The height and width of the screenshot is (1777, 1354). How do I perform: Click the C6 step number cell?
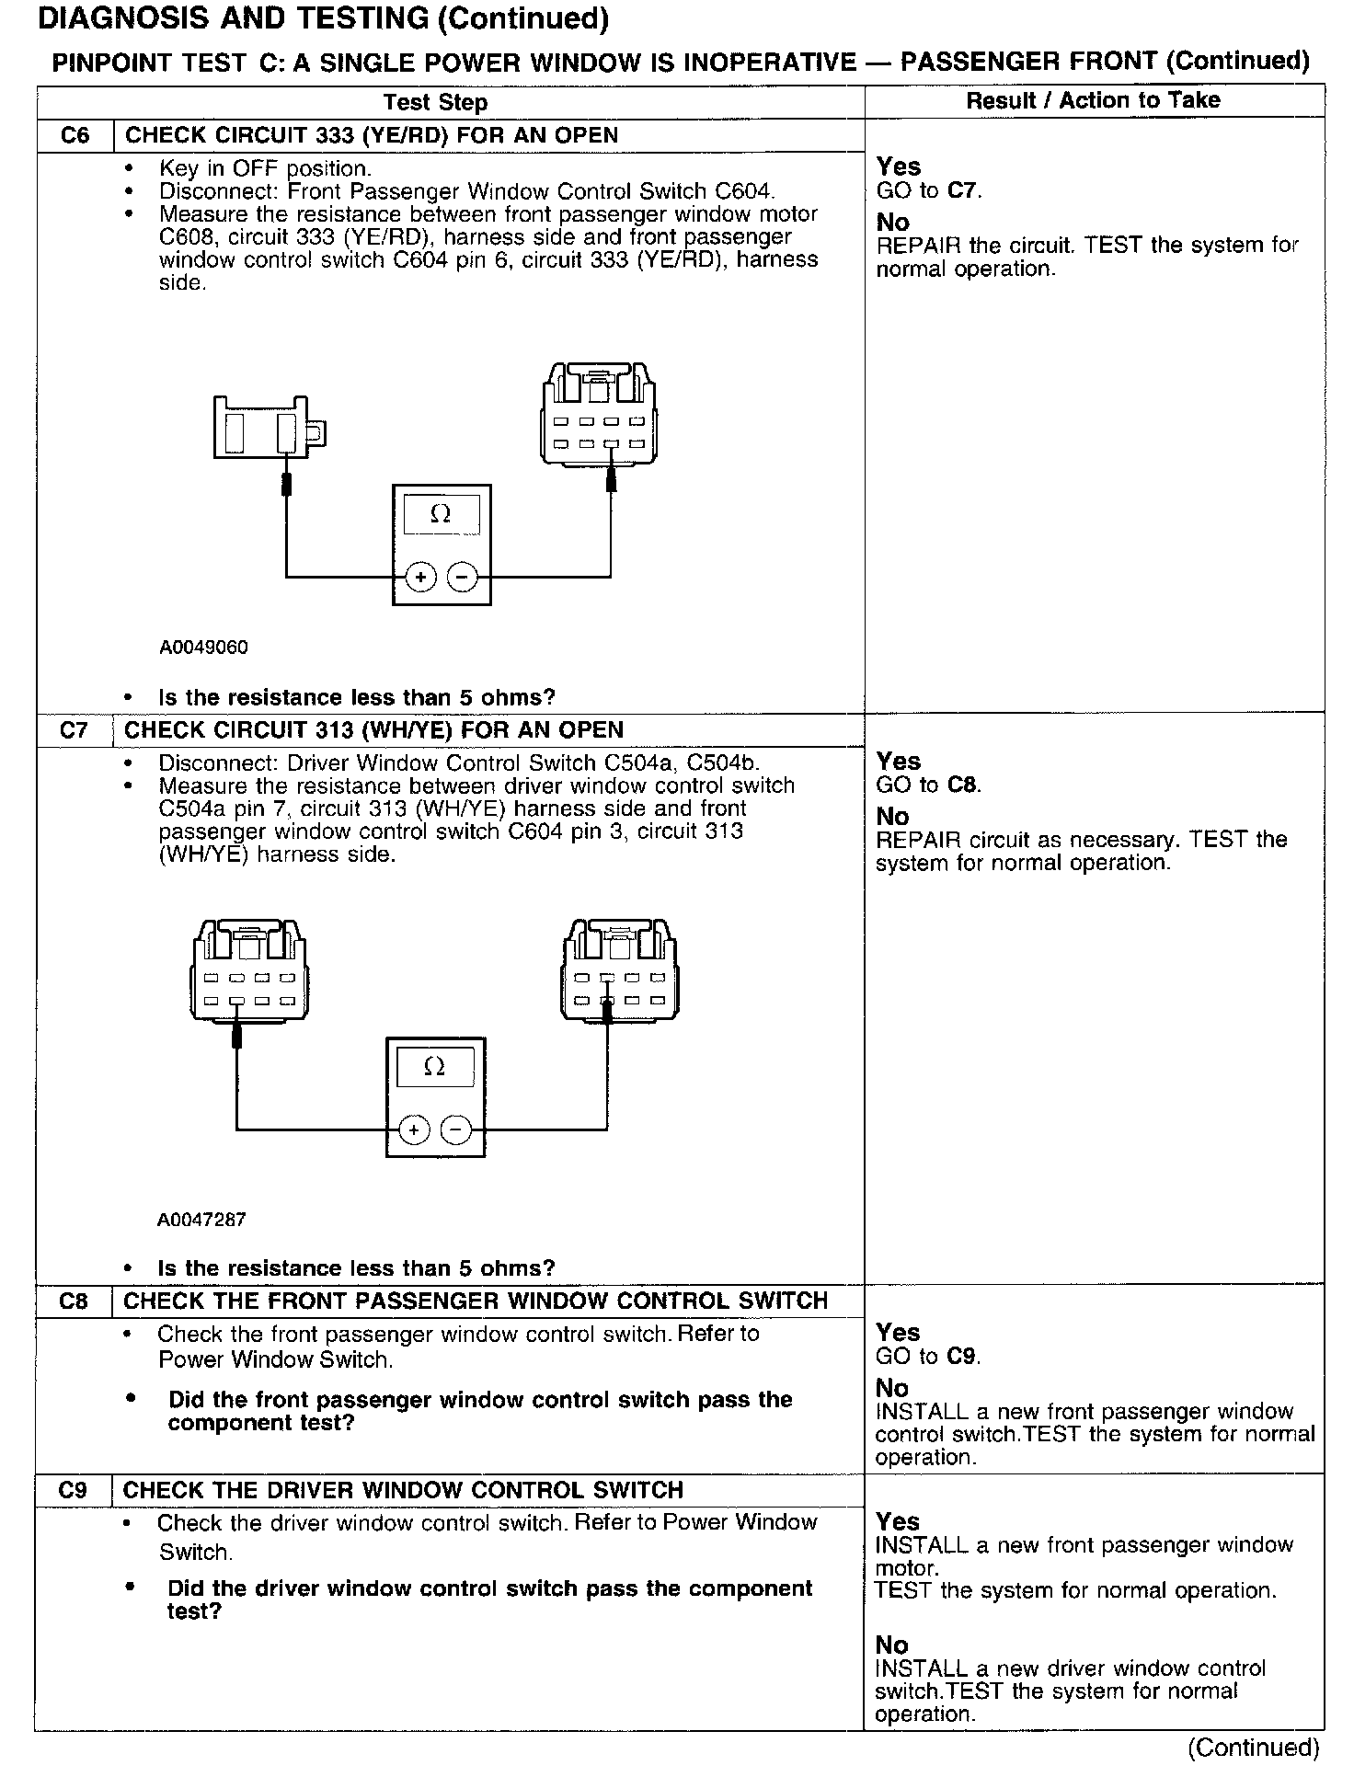pyautogui.click(x=75, y=136)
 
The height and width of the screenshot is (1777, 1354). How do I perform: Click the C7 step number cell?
pyautogui.click(x=74, y=730)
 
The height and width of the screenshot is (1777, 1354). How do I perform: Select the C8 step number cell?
pyautogui.click(x=73, y=1301)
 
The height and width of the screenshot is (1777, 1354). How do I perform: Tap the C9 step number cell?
pyautogui.click(x=73, y=1490)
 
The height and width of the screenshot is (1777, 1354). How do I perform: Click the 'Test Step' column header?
pyautogui.click(x=435, y=102)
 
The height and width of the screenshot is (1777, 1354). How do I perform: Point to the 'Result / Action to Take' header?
pyautogui.click(x=1093, y=101)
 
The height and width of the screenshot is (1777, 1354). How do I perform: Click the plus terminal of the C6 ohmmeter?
pyautogui.click(x=420, y=578)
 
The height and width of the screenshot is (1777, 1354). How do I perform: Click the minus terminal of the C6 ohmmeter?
pyautogui.click(x=462, y=578)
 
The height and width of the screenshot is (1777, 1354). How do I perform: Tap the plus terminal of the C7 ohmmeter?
pyautogui.click(x=414, y=1129)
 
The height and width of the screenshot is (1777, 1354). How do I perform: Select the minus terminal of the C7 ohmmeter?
pyautogui.click(x=455, y=1129)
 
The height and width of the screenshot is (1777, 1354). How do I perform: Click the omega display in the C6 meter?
pyautogui.click(x=441, y=515)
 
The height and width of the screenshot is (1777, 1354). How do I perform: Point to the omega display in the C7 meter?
pyautogui.click(x=435, y=1067)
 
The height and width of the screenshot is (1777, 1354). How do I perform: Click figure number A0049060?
pyautogui.click(x=203, y=648)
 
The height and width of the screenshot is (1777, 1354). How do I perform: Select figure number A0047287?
pyautogui.click(x=201, y=1220)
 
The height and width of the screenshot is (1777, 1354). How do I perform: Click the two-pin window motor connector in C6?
pyautogui.click(x=268, y=429)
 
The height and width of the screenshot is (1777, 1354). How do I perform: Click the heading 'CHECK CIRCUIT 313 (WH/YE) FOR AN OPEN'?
pyautogui.click(x=373, y=730)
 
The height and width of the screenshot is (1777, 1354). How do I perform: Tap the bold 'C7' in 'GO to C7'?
pyautogui.click(x=962, y=191)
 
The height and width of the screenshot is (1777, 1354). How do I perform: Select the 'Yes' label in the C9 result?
pyautogui.click(x=898, y=1522)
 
